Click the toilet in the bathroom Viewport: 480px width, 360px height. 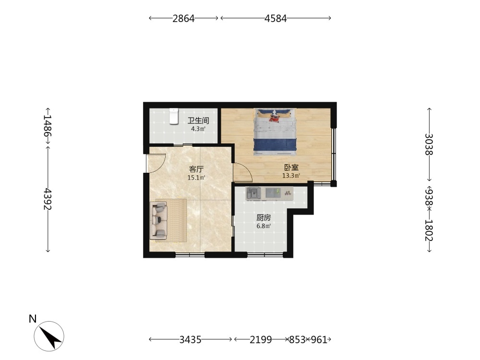pyautogui.click(x=174, y=116)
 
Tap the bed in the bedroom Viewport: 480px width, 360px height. pyautogui.click(x=275, y=132)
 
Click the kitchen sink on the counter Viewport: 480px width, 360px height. pyautogui.click(x=253, y=193)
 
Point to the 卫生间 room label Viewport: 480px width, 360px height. pyautogui.click(x=198, y=120)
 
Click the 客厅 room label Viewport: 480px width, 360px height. pyautogui.click(x=196, y=169)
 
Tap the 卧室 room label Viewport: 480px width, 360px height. pyautogui.click(x=291, y=168)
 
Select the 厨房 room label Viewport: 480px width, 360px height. pyautogui.click(x=264, y=218)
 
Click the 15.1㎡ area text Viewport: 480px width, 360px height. pyautogui.click(x=196, y=178)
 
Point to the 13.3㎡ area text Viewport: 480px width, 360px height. pyautogui.click(x=291, y=176)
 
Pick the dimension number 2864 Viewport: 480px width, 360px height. pyautogui.click(x=183, y=18)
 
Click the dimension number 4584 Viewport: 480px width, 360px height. pyautogui.click(x=276, y=18)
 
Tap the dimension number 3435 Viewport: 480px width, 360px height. pyautogui.click(x=190, y=339)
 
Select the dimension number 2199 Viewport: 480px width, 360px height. pyautogui.click(x=261, y=339)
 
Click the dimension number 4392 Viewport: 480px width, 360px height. pyautogui.click(x=48, y=199)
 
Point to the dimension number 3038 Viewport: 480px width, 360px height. pyautogui.click(x=429, y=144)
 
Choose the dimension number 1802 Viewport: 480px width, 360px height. pyautogui.click(x=429, y=230)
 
